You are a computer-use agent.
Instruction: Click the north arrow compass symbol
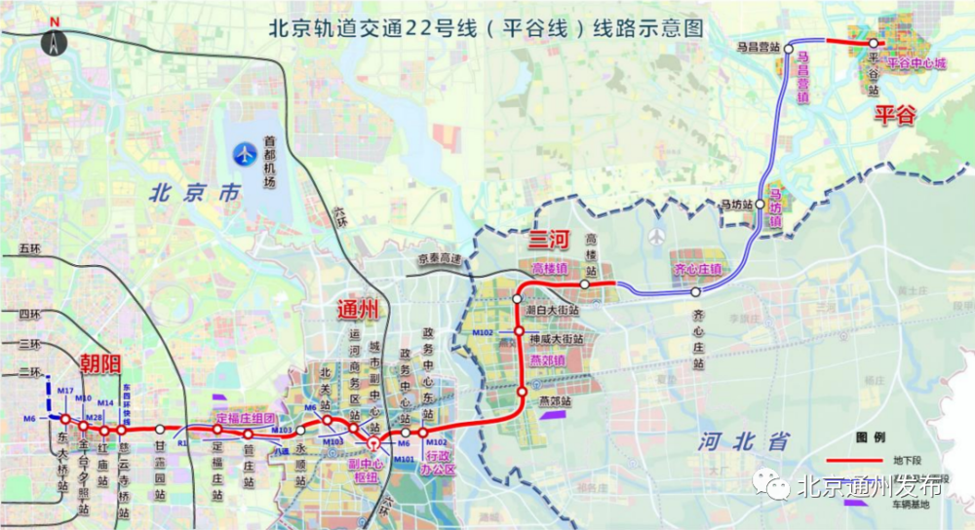(54, 41)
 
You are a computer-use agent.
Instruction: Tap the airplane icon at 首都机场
(242, 153)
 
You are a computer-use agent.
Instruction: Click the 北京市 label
(193, 193)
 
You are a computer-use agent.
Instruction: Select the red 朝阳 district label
(99, 365)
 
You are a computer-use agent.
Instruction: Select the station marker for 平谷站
(875, 43)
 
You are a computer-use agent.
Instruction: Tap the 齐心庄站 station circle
(695, 292)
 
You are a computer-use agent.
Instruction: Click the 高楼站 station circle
(584, 284)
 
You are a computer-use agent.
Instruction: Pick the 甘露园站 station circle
(160, 429)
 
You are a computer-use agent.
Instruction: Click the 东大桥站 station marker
(64, 419)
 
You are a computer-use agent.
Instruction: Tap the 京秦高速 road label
(437, 258)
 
